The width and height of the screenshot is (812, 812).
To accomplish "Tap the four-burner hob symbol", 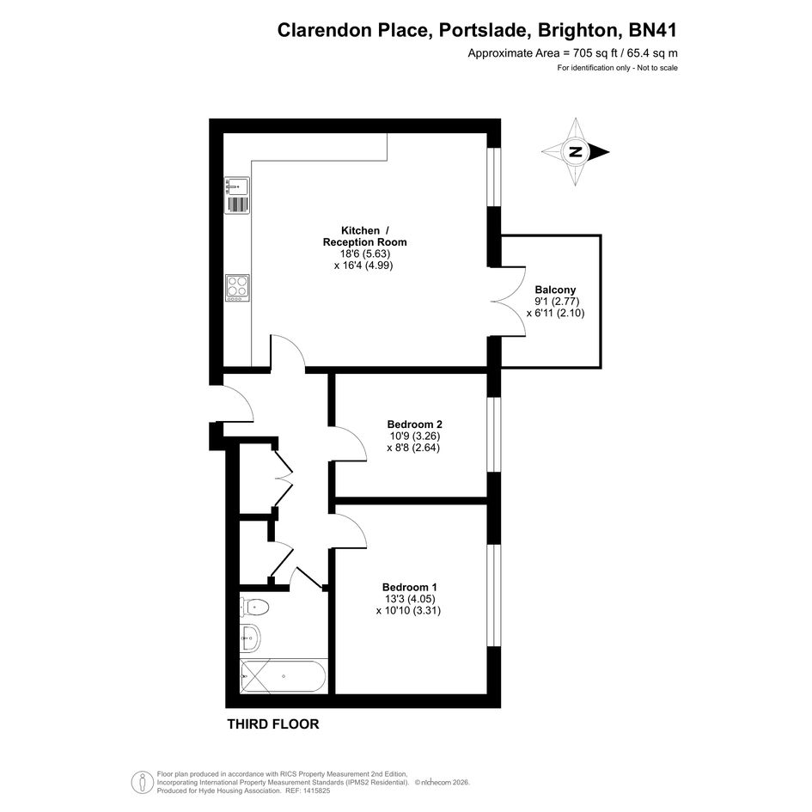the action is click(x=238, y=288).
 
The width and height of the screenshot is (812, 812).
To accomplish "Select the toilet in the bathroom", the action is click(x=254, y=607).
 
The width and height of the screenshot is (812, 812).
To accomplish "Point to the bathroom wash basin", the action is click(x=250, y=638).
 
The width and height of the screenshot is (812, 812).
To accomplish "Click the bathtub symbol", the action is click(x=284, y=676).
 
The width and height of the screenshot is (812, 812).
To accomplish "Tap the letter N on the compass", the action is click(x=575, y=152).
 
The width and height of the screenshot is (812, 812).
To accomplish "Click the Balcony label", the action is click(x=555, y=290).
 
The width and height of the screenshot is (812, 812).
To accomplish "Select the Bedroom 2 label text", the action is click(x=414, y=424).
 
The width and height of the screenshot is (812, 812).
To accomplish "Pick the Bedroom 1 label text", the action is click(x=410, y=587).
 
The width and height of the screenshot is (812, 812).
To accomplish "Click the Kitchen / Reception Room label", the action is click(x=364, y=236).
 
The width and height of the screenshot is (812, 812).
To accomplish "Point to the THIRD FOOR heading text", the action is click(x=273, y=724).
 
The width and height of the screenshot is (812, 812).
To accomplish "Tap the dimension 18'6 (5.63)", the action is click(x=364, y=253).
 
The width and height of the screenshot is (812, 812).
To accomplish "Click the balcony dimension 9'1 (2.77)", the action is click(x=557, y=302).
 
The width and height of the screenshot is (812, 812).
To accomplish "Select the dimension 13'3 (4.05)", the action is click(x=409, y=599).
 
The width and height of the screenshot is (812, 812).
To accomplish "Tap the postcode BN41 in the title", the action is click(x=652, y=30).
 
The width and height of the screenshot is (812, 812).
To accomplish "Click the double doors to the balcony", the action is click(x=508, y=302).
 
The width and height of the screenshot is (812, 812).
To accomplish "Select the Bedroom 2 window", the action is click(x=494, y=435).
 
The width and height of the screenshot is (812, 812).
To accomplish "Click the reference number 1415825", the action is click(x=314, y=791).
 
